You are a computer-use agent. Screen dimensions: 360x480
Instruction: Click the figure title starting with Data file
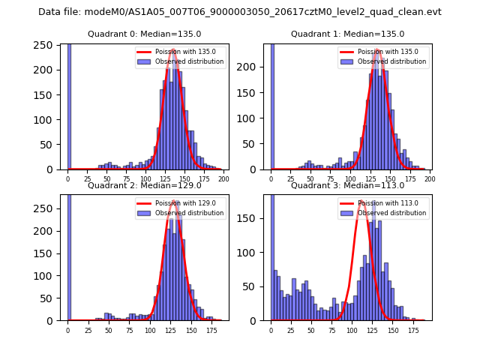click(x=240, y=12)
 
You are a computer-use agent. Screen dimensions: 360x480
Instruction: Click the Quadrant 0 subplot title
click(x=144, y=34)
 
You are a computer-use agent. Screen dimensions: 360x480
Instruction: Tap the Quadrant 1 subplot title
click(x=347, y=34)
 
